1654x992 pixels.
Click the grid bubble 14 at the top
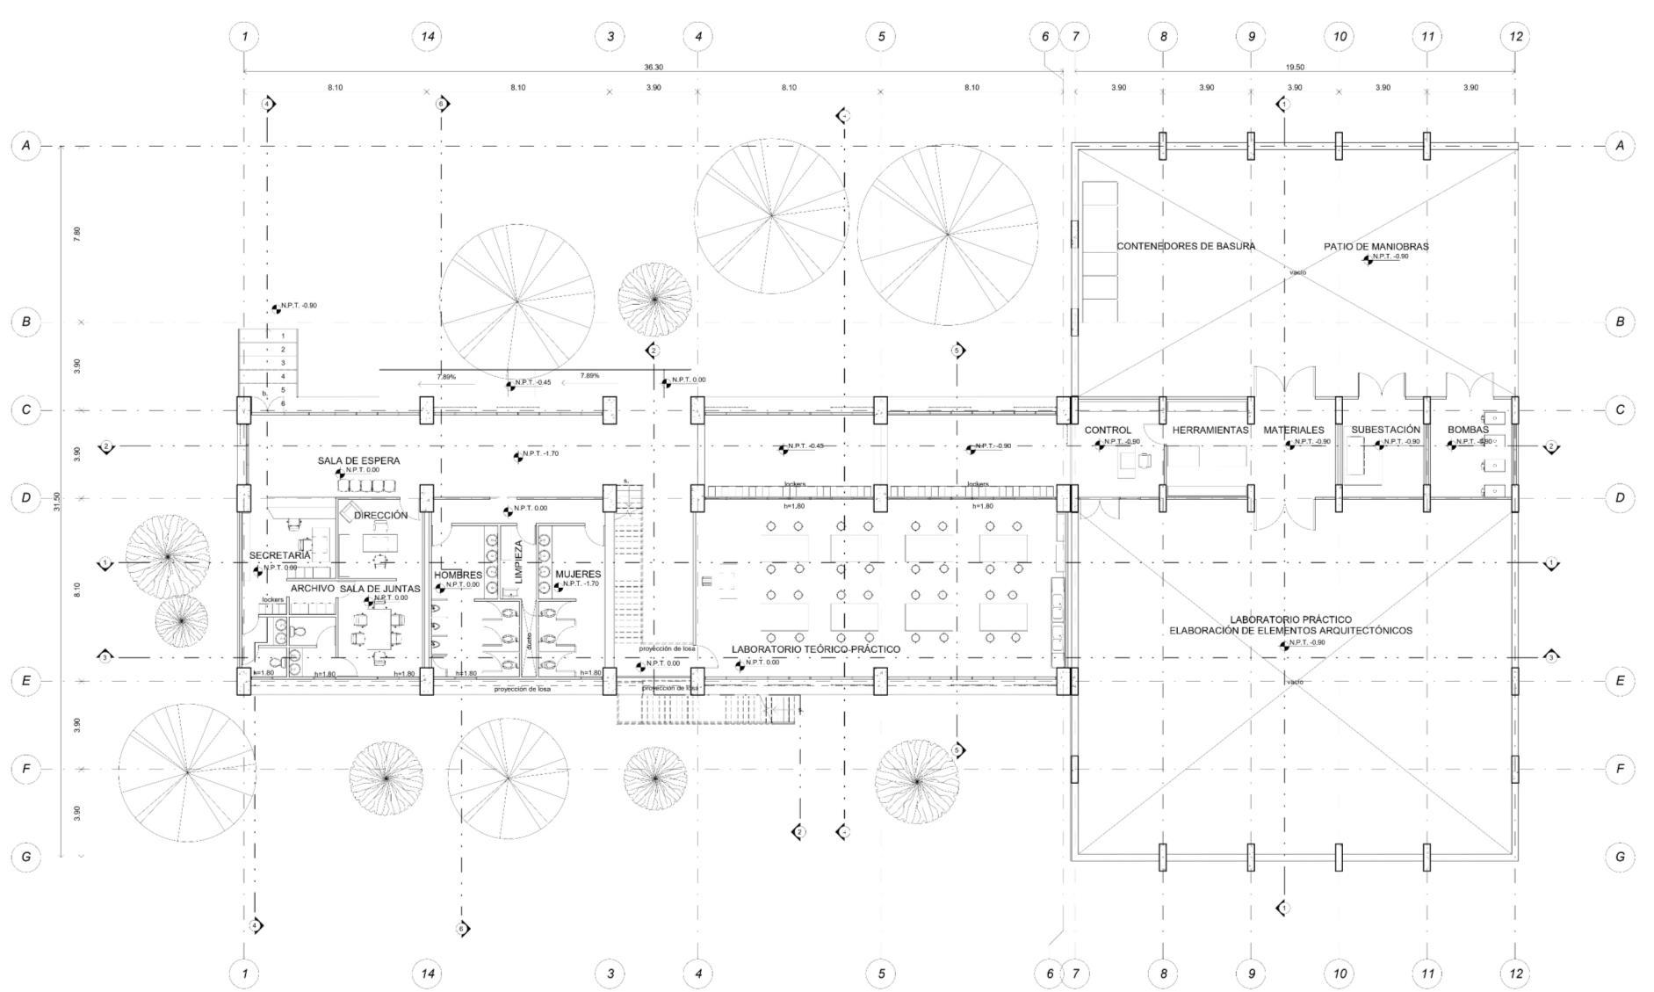tap(427, 37)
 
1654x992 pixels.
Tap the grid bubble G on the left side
tap(26, 857)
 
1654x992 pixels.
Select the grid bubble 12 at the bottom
tap(1515, 974)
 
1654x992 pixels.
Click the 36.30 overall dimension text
tap(654, 68)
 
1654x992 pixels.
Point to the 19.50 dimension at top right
tap(1295, 68)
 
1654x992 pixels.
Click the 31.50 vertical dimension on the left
tap(57, 502)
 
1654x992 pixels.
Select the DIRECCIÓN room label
tap(380, 516)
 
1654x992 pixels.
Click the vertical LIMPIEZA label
tap(518, 562)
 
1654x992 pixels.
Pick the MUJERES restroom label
tap(578, 575)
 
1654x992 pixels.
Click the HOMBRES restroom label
tap(458, 576)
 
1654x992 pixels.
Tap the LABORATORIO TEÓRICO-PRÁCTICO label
tap(816, 649)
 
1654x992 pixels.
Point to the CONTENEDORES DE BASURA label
tap(1186, 246)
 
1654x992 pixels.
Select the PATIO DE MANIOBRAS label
tap(1376, 247)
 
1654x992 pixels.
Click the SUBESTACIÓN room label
tap(1385, 430)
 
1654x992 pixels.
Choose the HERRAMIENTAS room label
tap(1210, 431)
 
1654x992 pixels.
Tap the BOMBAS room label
tap(1468, 430)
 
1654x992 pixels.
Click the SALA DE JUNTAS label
tap(379, 589)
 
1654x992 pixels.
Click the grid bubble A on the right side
tap(1621, 146)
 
